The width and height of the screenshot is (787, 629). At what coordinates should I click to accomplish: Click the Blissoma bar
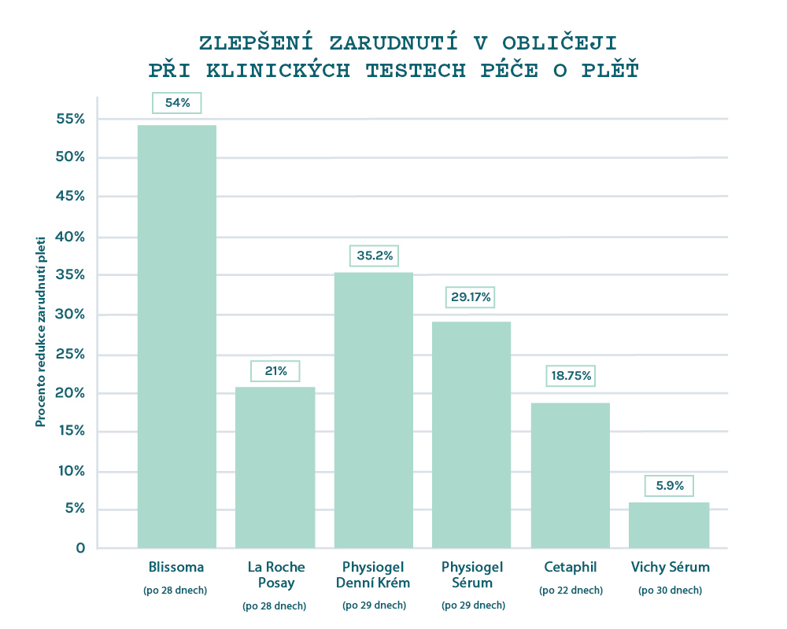(x=176, y=337)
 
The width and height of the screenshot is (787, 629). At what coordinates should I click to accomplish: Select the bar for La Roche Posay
(x=275, y=467)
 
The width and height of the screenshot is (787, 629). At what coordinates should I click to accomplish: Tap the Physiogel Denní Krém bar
(x=374, y=410)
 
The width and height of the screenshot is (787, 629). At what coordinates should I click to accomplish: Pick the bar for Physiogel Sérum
(x=471, y=434)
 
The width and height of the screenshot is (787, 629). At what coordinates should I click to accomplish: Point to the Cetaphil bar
(x=571, y=475)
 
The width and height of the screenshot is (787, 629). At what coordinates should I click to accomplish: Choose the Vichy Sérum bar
(x=669, y=524)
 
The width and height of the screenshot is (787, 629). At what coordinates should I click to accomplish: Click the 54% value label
(x=177, y=103)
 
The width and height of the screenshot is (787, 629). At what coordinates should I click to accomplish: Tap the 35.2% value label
(x=374, y=256)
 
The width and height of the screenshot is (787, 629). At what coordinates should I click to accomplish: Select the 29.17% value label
(x=471, y=297)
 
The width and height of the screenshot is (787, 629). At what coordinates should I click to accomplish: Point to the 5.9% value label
(x=670, y=485)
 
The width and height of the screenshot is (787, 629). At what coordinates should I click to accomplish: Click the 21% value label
(x=275, y=370)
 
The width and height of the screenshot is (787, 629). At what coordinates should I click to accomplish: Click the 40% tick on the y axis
(x=69, y=237)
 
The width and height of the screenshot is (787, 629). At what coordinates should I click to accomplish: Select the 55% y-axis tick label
(x=69, y=120)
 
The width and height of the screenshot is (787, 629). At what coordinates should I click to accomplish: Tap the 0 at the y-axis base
(x=79, y=547)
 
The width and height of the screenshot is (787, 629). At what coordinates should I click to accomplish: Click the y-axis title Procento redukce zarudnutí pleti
(x=40, y=333)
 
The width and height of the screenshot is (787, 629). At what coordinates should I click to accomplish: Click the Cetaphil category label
(x=571, y=567)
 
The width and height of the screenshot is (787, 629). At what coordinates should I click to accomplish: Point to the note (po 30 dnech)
(x=670, y=590)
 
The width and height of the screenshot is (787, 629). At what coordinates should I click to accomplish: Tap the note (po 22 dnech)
(x=571, y=590)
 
